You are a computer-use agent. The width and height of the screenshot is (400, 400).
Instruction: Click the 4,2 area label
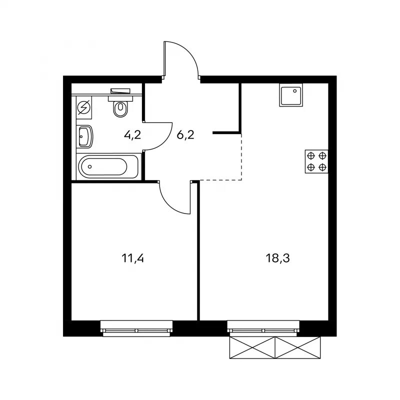132,135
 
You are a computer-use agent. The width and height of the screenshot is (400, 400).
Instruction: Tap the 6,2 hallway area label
185,134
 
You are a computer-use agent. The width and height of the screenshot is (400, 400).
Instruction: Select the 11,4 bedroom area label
132,258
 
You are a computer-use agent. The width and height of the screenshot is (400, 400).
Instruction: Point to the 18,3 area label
278,258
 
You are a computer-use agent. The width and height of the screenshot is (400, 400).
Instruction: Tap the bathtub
108,167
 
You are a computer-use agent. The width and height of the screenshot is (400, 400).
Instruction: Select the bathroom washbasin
84,136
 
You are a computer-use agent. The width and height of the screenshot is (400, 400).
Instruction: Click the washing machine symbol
84,107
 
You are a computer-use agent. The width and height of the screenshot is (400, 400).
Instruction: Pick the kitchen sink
291,95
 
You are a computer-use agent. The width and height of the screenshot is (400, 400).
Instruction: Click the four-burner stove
316,161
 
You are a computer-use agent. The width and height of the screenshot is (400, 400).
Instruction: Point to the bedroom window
136,328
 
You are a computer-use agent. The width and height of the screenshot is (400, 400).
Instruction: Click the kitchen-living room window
263,328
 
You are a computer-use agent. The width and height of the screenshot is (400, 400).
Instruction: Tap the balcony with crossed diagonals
275,347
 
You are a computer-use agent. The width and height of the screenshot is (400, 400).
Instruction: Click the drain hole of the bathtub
89,167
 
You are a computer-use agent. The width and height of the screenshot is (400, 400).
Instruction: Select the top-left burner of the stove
310,155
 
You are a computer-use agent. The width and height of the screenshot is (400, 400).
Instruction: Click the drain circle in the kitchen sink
295,90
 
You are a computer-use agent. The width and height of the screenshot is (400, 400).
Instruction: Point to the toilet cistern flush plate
120,91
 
